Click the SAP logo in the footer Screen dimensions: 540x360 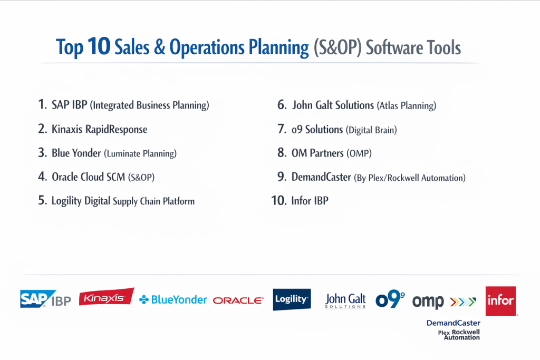tap(38, 299)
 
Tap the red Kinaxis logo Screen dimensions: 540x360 tap(107, 297)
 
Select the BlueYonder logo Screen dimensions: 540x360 tap(173, 300)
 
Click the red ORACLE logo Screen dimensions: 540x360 tap(238, 300)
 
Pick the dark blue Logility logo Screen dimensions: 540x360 tap(292, 299)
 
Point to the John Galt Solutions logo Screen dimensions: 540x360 tap(345, 300)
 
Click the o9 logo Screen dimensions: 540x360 tap(390, 299)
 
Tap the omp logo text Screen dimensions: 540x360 tap(428, 302)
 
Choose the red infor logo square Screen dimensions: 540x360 tap(501, 301)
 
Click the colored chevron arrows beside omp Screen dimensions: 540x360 tap(463, 302)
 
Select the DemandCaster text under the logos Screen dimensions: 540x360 tap(453, 323)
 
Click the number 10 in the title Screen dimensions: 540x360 tap(99, 46)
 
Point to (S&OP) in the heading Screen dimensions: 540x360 tap(337, 47)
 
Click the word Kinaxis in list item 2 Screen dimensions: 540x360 tap(67, 129)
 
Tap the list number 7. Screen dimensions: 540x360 tap(282, 129)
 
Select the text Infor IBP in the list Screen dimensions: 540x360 tap(310, 200)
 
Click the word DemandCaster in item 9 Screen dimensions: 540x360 tap(321, 177)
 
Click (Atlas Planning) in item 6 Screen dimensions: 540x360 tap(407, 105)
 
